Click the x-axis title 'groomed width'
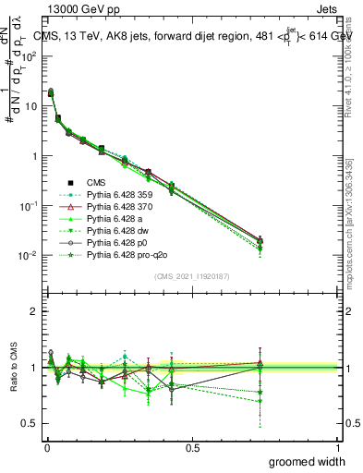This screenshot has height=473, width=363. pyautogui.click(x=309, y=461)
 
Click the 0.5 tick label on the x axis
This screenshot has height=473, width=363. pyautogui.click(x=192, y=446)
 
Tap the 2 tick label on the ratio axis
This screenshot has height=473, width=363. pyautogui.click(x=32, y=311)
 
